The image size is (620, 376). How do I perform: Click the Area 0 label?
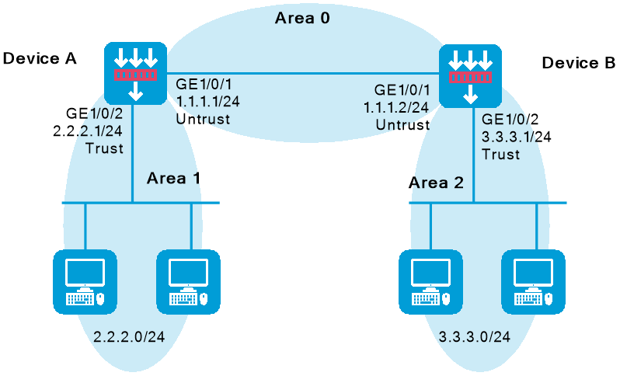point(302,17)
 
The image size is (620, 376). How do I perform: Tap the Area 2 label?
point(437,183)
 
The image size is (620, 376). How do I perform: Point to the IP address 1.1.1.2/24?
point(396,106)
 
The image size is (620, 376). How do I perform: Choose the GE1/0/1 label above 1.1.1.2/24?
point(401,89)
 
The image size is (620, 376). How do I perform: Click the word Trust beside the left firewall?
point(105,148)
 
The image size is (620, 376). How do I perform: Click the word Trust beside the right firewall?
point(500,154)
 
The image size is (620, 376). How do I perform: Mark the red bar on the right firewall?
point(470,78)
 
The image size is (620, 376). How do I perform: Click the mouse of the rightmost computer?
point(549,298)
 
